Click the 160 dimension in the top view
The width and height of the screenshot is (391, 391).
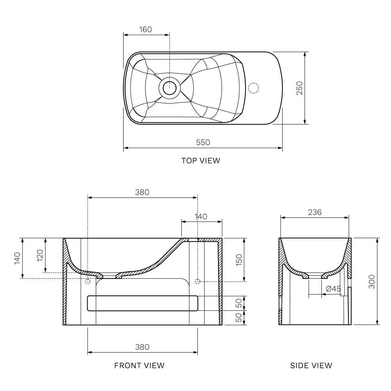point(145,29)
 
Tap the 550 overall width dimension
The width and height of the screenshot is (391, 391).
point(203,142)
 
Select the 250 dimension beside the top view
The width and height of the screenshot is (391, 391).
point(299,88)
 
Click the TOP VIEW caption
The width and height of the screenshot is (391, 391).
point(201,161)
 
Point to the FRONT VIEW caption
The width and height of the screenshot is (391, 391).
point(140,366)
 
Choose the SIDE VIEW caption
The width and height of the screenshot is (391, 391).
point(311,366)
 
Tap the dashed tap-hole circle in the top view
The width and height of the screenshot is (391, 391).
point(254,88)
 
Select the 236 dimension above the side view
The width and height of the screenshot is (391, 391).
point(315,212)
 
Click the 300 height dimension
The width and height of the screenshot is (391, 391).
point(371,282)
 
